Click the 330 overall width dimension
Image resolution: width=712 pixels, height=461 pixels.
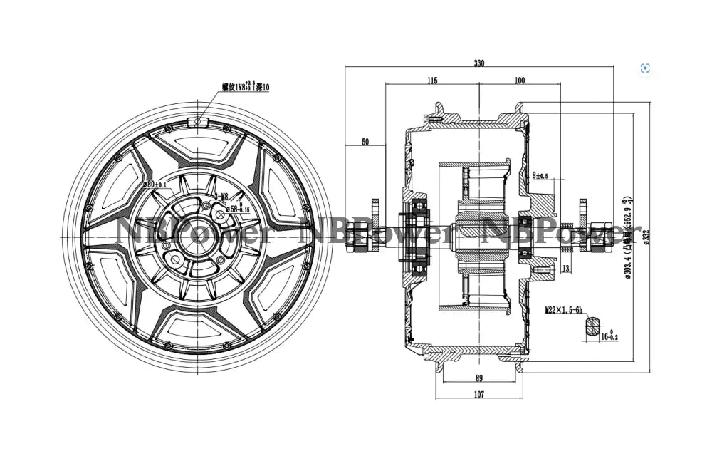(x=479, y=63)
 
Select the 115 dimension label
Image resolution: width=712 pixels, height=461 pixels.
(x=432, y=81)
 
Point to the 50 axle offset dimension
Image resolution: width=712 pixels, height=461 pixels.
(x=365, y=143)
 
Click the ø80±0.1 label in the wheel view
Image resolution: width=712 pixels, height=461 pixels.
(x=155, y=184)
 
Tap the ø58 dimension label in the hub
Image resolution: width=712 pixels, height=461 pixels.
(x=237, y=209)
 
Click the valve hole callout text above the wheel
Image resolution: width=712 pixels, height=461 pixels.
(x=246, y=87)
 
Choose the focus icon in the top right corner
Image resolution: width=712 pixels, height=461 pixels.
(x=645, y=68)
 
